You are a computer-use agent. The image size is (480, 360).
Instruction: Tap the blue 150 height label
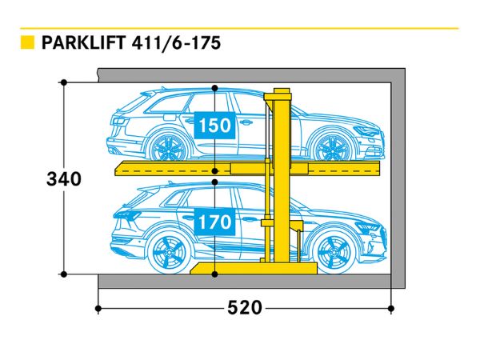coord(214,126)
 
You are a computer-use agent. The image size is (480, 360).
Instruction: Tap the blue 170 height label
coord(214,220)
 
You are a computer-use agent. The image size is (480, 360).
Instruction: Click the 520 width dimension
coord(244,307)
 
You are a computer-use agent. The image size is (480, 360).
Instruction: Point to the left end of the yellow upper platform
coord(122,169)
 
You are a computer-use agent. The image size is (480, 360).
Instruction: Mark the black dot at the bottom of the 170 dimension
coord(214,274)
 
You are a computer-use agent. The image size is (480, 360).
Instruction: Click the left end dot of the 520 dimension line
coord(98,307)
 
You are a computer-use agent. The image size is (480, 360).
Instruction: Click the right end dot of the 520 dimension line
coord(390,307)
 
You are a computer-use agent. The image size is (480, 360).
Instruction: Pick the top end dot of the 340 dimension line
coord(63,82)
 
